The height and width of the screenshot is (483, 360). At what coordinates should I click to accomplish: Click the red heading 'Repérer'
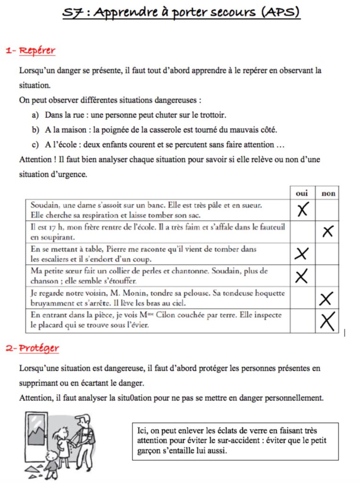37,50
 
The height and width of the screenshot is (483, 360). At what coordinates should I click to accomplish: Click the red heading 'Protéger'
39,348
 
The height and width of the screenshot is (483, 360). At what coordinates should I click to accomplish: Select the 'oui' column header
302,193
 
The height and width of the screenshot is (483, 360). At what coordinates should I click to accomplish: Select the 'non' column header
328,193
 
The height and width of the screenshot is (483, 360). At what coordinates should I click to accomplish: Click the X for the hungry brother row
328,231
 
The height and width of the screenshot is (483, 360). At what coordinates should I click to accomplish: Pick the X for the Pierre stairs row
302,254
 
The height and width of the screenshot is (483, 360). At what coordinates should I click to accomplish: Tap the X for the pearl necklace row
302,275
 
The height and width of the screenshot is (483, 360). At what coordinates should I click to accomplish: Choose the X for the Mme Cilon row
327,321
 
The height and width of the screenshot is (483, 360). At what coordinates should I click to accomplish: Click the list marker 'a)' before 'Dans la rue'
35,115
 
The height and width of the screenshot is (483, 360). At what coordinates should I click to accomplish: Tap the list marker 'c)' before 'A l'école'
35,145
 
